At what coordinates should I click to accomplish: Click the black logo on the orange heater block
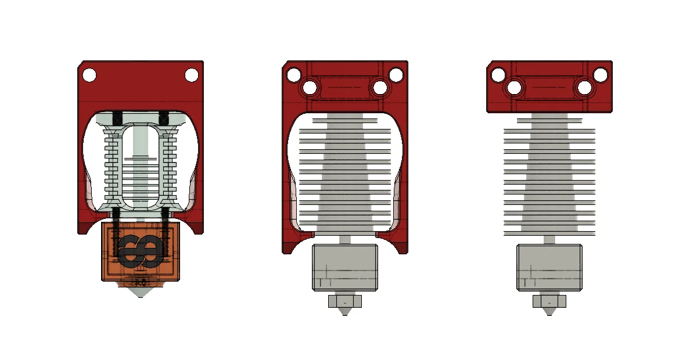tap(141, 251)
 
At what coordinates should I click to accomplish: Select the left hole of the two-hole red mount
tap(89, 75)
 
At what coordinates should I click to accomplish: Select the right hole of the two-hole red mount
tap(191, 75)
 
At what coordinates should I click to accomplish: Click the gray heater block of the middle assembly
tap(345, 267)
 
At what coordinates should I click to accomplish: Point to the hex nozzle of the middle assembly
tap(345, 302)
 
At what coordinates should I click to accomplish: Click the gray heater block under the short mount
tap(549, 267)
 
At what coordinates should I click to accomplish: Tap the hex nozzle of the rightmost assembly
tap(549, 302)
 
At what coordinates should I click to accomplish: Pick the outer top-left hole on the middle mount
tap(293, 75)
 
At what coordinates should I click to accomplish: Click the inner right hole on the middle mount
tap(380, 88)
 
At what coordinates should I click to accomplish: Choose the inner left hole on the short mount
tap(514, 88)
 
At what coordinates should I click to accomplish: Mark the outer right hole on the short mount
tap(601, 75)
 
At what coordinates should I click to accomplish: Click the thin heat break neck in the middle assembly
tap(345, 239)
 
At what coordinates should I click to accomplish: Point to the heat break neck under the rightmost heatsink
tap(549, 239)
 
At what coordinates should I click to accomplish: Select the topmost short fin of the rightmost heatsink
tap(549, 121)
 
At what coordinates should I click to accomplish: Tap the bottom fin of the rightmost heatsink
tap(549, 233)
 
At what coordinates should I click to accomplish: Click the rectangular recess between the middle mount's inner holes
tap(345, 87)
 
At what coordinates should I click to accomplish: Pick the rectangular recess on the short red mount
tap(549, 87)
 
